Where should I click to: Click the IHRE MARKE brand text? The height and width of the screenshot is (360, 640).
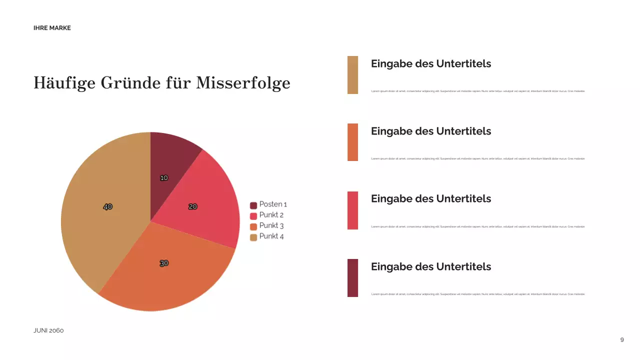pos(52,28)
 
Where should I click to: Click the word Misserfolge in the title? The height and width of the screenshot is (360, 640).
pos(243,82)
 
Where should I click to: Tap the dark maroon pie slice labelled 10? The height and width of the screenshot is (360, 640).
pos(172,160)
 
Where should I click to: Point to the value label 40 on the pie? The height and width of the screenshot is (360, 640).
pos(107,206)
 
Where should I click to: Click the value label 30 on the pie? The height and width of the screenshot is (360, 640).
pos(164,263)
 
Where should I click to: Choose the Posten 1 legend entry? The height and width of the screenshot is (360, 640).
pos(268,204)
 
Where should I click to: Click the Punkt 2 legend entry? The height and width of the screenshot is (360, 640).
pos(267,215)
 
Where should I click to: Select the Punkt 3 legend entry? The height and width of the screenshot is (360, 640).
pos(267,226)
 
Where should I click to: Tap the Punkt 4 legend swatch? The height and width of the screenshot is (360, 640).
pos(253,237)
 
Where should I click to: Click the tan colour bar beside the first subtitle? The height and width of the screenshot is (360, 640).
pos(352,75)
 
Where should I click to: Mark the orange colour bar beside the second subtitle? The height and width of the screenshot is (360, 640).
pos(352,142)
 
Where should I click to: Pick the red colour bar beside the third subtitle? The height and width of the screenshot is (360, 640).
pos(352,210)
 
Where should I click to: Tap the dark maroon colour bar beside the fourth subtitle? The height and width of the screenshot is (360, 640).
pos(352,277)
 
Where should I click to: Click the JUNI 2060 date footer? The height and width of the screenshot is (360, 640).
pos(48,330)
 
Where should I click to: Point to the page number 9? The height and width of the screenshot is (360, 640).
pos(622,340)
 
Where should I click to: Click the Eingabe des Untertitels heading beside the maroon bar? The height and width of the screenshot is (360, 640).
pos(430,266)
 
